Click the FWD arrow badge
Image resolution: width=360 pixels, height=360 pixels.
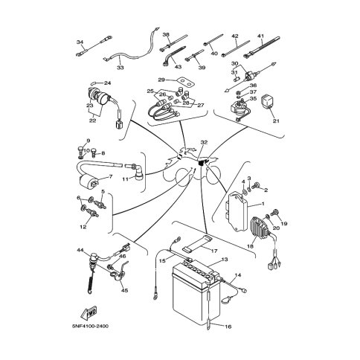point(89,313)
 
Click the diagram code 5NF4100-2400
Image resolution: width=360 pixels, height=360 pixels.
point(90,326)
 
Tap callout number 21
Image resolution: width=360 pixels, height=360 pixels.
point(276,120)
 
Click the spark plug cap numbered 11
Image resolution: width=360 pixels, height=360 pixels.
point(136,170)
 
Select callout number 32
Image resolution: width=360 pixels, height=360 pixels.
point(204,142)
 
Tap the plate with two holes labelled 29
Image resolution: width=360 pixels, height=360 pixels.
point(185,83)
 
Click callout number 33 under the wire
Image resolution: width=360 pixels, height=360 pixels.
point(120,68)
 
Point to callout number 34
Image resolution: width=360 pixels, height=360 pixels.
point(80,42)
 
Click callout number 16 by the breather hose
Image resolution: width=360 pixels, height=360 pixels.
point(228,327)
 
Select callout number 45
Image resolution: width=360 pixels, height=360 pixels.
point(125,290)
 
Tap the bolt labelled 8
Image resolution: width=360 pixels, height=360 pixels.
point(94,152)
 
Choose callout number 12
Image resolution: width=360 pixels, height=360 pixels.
point(83,227)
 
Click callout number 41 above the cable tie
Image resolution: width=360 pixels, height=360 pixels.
point(260,36)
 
